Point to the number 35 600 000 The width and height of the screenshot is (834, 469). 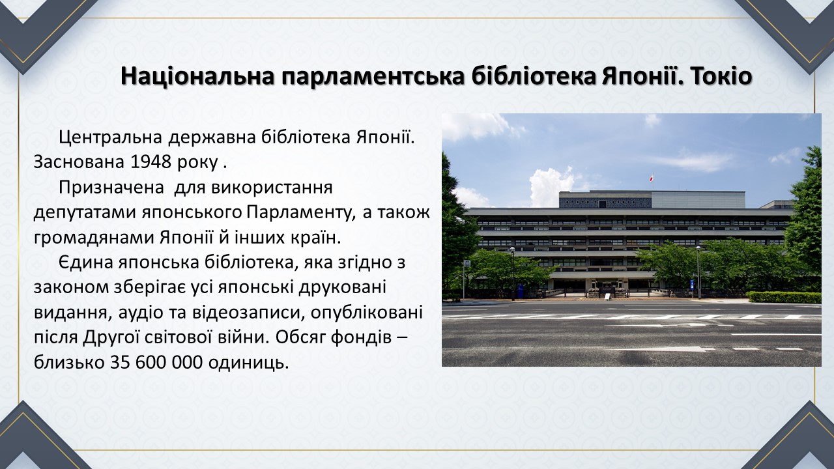point(156,362)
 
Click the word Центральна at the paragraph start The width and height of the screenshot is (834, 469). point(110,137)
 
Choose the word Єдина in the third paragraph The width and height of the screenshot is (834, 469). point(86,263)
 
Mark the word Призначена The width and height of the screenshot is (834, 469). point(111,188)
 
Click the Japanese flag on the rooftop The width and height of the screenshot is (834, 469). point(651,178)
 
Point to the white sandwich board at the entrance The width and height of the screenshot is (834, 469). point(607,296)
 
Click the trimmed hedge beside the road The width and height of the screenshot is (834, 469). point(784,297)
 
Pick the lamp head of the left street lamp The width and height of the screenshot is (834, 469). point(512,249)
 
